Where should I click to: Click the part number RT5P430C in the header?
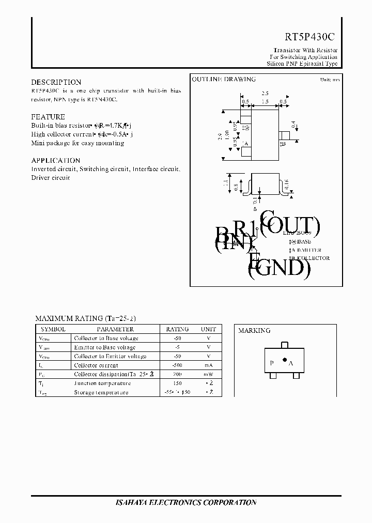(x=310, y=37)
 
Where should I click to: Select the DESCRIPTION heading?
(x=56, y=82)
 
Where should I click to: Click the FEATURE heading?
(x=48, y=117)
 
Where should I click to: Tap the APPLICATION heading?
(x=55, y=160)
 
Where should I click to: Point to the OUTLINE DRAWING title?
(x=224, y=80)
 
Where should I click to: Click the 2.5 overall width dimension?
(x=265, y=93)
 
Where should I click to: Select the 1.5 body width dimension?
(x=265, y=102)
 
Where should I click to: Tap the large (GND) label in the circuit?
(x=279, y=269)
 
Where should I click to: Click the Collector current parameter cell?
(x=97, y=365)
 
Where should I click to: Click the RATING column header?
(x=177, y=329)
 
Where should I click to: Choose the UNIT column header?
(x=208, y=329)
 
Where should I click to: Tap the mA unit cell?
(x=208, y=365)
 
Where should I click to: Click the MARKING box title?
(x=254, y=331)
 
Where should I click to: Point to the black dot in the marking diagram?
(x=284, y=360)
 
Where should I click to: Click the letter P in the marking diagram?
(x=272, y=363)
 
